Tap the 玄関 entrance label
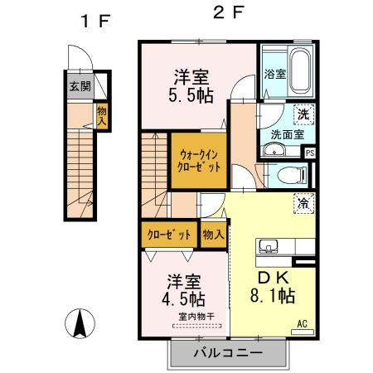pyautogui.click(x=80, y=85)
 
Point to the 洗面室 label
pyautogui.click(x=286, y=133)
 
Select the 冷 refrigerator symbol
pyautogui.click(x=304, y=200)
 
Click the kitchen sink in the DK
pyautogui.click(x=270, y=246)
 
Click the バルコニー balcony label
pyautogui.click(x=228, y=354)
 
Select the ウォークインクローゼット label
pyautogui.click(x=199, y=159)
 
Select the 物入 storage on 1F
pyautogui.click(x=102, y=115)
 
